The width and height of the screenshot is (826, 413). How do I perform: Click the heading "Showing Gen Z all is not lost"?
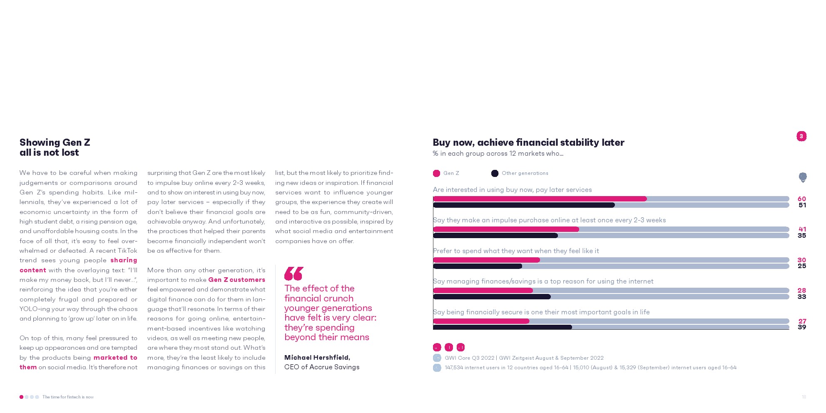(x=55, y=147)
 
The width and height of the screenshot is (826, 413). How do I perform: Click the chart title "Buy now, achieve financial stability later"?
(x=528, y=142)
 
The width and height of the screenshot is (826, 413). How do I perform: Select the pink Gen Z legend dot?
(x=436, y=173)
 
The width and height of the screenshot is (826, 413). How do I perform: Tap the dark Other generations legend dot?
(x=495, y=173)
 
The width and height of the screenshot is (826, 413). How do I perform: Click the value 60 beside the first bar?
(x=801, y=199)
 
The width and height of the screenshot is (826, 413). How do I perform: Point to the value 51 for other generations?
(x=802, y=205)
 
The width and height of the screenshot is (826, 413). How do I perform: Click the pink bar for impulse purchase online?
(x=506, y=229)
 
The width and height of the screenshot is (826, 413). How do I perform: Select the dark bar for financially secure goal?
(x=502, y=327)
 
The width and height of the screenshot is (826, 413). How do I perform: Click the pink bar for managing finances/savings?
(x=483, y=291)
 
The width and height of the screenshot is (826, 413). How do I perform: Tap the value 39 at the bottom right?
(x=802, y=327)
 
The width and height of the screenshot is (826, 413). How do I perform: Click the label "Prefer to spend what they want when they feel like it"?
(x=516, y=251)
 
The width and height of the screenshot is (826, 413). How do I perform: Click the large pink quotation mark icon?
(x=294, y=274)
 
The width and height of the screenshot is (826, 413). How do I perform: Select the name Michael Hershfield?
(x=317, y=357)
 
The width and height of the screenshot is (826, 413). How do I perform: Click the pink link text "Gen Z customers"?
(x=236, y=280)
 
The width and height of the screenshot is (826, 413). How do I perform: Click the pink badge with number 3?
(x=801, y=136)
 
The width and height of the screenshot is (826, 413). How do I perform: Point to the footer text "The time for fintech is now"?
(x=68, y=397)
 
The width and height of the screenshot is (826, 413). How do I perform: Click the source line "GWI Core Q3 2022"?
(x=469, y=358)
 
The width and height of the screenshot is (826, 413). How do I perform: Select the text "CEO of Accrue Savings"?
(x=321, y=367)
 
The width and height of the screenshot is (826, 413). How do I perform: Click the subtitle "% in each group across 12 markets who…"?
(x=498, y=154)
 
